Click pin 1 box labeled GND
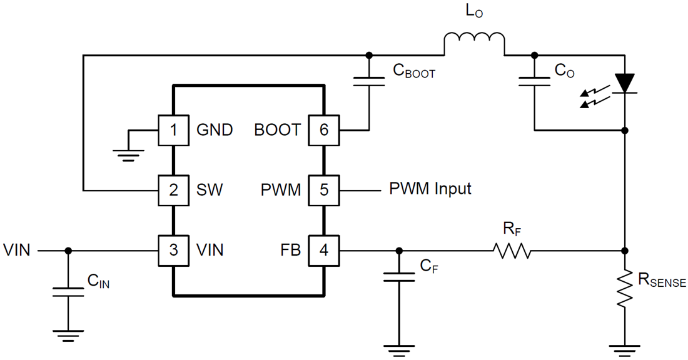[x=173, y=130]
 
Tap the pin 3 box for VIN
[x=173, y=250]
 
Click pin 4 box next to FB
[x=323, y=250]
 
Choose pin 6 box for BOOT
[x=323, y=130]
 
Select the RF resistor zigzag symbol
[x=512, y=251]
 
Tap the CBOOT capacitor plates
[x=368, y=82]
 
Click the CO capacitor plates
[x=534, y=81]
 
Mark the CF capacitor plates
[x=399, y=276]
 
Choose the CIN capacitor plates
[x=68, y=291]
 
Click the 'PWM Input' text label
[x=430, y=189]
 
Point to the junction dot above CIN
[x=68, y=251]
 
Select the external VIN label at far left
[x=17, y=251]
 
